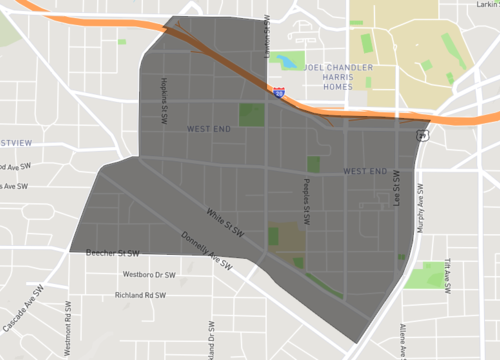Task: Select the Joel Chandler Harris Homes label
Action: [x=339, y=77]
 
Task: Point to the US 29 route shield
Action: [x=423, y=134]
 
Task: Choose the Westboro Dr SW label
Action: [x=148, y=274]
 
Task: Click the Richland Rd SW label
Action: [x=140, y=295]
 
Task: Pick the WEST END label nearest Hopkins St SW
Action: [x=208, y=129]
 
